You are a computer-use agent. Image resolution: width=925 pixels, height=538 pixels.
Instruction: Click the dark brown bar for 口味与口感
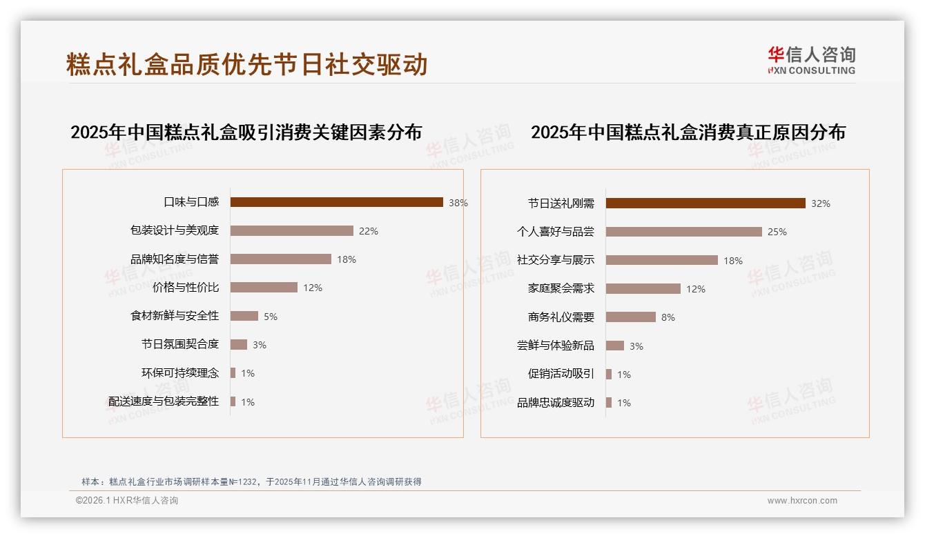pos(336,202)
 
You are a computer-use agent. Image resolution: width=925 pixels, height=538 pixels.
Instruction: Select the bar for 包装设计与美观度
pos(291,231)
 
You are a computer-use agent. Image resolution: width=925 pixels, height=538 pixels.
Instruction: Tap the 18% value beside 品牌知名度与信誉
pos(347,259)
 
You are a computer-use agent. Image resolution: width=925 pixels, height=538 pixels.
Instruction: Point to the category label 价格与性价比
pos(186,288)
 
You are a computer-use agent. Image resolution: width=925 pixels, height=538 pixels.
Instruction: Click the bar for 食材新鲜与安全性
pos(244,316)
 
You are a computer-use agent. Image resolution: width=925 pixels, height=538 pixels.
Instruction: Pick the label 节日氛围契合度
pos(180,344)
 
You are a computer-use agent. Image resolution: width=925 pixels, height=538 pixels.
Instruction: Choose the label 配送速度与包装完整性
pos(164,401)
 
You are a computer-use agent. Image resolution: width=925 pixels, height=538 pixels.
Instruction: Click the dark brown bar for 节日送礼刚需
pos(705,203)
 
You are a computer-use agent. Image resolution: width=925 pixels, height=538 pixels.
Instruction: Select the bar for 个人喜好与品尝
pos(683,232)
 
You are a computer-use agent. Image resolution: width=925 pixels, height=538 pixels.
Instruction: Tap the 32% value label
pos(821,203)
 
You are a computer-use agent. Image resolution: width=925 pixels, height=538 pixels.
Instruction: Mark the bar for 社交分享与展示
pos(661,260)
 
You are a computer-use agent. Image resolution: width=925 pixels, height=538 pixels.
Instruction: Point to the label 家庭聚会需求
pos(561,289)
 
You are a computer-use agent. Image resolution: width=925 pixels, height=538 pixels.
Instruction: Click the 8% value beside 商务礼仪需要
pos(668,317)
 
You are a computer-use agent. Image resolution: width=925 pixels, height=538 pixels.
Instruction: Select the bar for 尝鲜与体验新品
pos(614,346)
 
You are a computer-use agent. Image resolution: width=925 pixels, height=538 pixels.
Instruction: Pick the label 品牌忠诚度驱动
pos(556,403)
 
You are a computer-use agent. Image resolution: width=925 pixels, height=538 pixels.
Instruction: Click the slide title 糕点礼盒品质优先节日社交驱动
pos(247,64)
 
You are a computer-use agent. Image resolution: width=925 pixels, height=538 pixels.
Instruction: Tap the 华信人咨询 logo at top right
pos(811,60)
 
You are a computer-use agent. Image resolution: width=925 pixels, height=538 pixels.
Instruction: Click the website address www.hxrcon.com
pos(802,501)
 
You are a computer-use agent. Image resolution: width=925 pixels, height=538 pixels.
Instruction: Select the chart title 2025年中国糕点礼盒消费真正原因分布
pos(688,132)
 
